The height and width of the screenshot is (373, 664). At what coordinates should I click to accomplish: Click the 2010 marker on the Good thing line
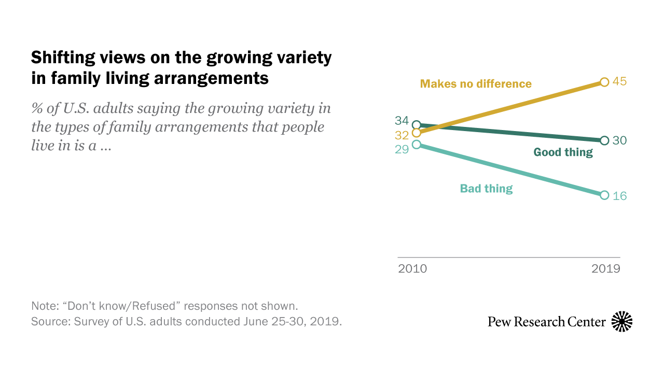tap(416, 125)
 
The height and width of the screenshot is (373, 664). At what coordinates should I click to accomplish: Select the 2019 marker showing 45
tap(604, 82)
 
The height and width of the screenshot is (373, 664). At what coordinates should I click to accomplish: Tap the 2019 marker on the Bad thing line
tap(604, 195)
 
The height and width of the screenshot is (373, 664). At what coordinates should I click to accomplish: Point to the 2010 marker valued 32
tap(416, 133)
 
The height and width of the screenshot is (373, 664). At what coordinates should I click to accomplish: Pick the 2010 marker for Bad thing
tap(416, 145)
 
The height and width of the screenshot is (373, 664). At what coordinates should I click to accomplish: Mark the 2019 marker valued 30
tap(604, 140)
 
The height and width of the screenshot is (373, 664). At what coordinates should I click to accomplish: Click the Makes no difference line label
tap(476, 83)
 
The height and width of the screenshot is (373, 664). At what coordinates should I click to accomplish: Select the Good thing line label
tap(563, 152)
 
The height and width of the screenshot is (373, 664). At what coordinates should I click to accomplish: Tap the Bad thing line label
tap(486, 189)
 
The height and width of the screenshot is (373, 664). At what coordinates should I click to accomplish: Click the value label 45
tap(620, 82)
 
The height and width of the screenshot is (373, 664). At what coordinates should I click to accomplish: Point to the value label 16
tap(620, 196)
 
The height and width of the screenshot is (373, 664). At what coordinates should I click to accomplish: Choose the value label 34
tap(402, 121)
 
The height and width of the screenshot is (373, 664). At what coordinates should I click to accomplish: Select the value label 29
tap(402, 149)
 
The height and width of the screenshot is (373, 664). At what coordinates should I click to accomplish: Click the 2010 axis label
tap(412, 269)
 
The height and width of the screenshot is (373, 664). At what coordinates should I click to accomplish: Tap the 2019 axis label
tap(606, 269)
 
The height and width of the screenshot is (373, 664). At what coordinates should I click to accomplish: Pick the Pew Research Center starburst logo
tap(622, 322)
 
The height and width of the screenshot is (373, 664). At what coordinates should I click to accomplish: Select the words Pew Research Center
tap(547, 322)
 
